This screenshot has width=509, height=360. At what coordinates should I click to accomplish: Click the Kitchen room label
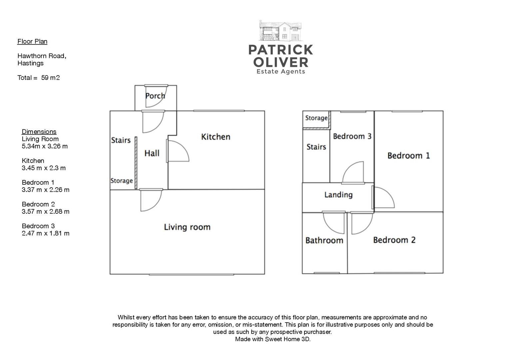coord(216,137)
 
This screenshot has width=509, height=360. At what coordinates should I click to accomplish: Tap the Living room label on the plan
coord(187,227)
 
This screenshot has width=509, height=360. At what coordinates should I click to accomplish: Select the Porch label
coord(155,96)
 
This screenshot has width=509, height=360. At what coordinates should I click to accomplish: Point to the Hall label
coord(152,153)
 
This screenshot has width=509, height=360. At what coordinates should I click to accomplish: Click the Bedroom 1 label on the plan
coord(408,156)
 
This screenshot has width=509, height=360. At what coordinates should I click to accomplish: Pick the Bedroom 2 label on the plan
coord(394,240)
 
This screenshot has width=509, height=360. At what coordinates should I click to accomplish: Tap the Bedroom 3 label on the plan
coord(352,136)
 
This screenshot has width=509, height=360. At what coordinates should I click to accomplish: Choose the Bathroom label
coord(324,240)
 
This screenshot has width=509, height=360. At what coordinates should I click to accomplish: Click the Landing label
coord(338,195)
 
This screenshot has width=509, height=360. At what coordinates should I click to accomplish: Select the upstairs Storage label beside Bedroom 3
coord(316,118)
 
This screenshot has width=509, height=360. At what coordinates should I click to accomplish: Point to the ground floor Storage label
coord(122,181)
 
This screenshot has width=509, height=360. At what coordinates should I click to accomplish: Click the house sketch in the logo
coord(280,31)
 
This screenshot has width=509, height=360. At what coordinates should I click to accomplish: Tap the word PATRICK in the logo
coord(280,50)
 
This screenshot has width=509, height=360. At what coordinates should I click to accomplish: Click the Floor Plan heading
coord(32,41)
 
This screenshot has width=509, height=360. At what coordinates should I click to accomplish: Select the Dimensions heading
coord(39,132)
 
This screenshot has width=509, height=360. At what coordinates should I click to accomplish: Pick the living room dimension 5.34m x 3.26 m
coord(45,146)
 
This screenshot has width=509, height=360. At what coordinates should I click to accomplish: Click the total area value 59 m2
coord(50,78)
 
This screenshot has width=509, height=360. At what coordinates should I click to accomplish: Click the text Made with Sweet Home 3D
coord(272,339)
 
